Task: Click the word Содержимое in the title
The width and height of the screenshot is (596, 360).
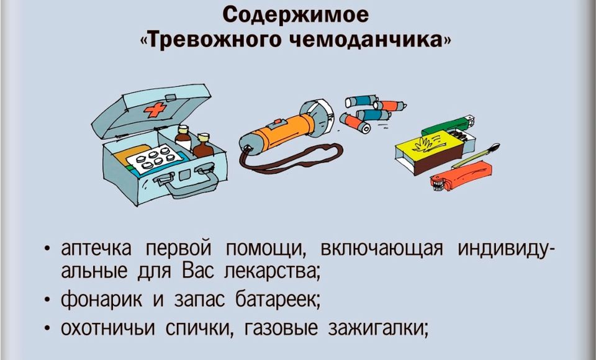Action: coord(295,15)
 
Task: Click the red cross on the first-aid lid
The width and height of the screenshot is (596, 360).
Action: coord(155,110)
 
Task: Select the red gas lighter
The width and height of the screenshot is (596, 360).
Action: coord(461,176)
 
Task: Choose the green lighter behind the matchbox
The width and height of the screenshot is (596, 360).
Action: coord(448,126)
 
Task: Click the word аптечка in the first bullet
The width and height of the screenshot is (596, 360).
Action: coord(96,250)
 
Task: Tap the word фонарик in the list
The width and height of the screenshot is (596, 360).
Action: coord(101,299)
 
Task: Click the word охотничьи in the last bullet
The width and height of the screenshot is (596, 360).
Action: coord(108,328)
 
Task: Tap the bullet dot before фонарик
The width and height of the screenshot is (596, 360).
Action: coord(47,300)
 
